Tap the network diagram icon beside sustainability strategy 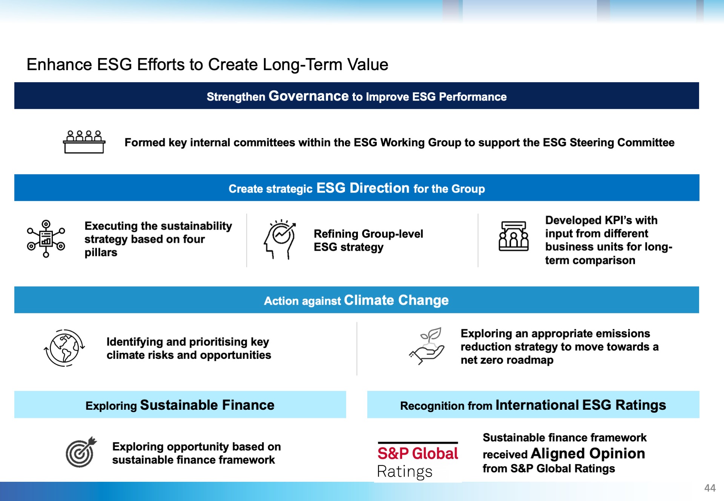46,239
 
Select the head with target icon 280,239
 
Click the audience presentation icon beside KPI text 514,236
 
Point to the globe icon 64,348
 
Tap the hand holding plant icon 426,346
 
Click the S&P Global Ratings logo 418,461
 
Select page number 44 710,488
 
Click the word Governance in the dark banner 308,96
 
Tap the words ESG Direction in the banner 363,188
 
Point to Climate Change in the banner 396,300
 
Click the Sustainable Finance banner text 207,405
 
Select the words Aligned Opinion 588,453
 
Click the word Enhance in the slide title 59,64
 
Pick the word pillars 101,253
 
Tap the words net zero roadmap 507,360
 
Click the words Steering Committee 622,142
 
